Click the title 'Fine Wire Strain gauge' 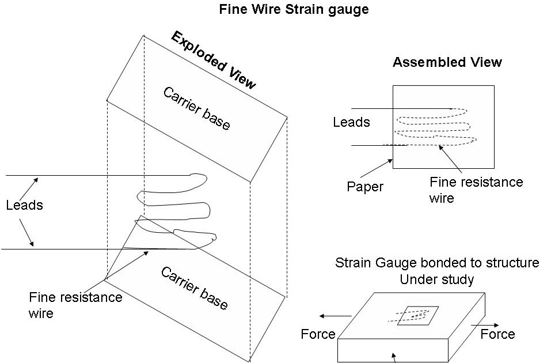click(x=294, y=10)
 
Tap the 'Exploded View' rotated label click(x=213, y=60)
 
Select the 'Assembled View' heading click(x=447, y=62)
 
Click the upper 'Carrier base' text click(x=196, y=108)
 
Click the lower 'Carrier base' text click(x=194, y=288)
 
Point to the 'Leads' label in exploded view click(x=24, y=205)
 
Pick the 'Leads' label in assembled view click(x=351, y=122)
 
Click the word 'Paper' click(x=366, y=186)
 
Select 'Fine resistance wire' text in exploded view click(x=75, y=305)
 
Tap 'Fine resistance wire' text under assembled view click(x=476, y=190)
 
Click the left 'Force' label click(x=318, y=334)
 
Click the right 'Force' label click(x=497, y=334)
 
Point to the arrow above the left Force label click(x=336, y=316)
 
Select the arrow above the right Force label click(x=481, y=325)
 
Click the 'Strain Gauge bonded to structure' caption click(x=437, y=263)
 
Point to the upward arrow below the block click(x=394, y=358)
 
